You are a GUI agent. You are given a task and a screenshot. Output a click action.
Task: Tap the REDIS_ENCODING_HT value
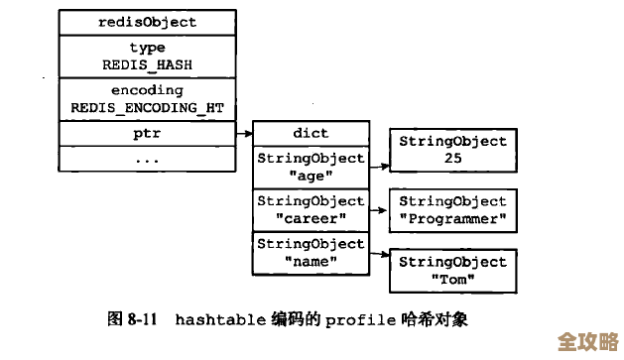pos(148,107)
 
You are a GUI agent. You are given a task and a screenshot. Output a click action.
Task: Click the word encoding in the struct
pos(148,90)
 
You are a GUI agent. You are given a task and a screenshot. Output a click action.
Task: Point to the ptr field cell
pos(148,132)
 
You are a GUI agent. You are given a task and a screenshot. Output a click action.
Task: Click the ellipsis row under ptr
pos(148,158)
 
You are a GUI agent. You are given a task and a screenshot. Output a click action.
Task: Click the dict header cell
pos(311,133)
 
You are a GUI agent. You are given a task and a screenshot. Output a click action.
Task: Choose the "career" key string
pos(311,217)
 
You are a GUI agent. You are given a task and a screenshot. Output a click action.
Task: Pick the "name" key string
pos(311,260)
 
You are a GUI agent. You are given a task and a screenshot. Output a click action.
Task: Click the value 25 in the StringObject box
pos(452,158)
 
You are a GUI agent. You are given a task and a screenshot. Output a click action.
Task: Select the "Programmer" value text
pos(452,218)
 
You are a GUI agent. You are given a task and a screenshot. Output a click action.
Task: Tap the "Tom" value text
pos(452,279)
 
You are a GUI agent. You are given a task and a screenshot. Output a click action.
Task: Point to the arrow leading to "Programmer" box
pos(378,210)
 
